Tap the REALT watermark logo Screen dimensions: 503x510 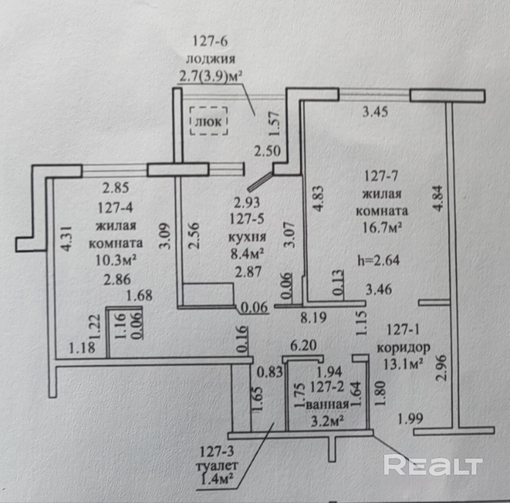[433, 465]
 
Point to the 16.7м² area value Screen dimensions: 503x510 [381, 229]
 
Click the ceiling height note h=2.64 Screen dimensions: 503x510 [379, 260]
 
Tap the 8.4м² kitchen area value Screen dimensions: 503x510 [247, 254]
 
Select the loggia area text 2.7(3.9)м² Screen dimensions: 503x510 [211, 76]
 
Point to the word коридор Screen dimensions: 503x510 [403, 347]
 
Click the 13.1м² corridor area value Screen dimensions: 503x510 [403, 364]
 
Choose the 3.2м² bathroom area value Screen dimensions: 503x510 [328, 421]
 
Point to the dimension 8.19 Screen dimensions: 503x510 [313, 318]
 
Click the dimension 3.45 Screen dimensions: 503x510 [375, 112]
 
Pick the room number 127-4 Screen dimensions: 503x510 [116, 208]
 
